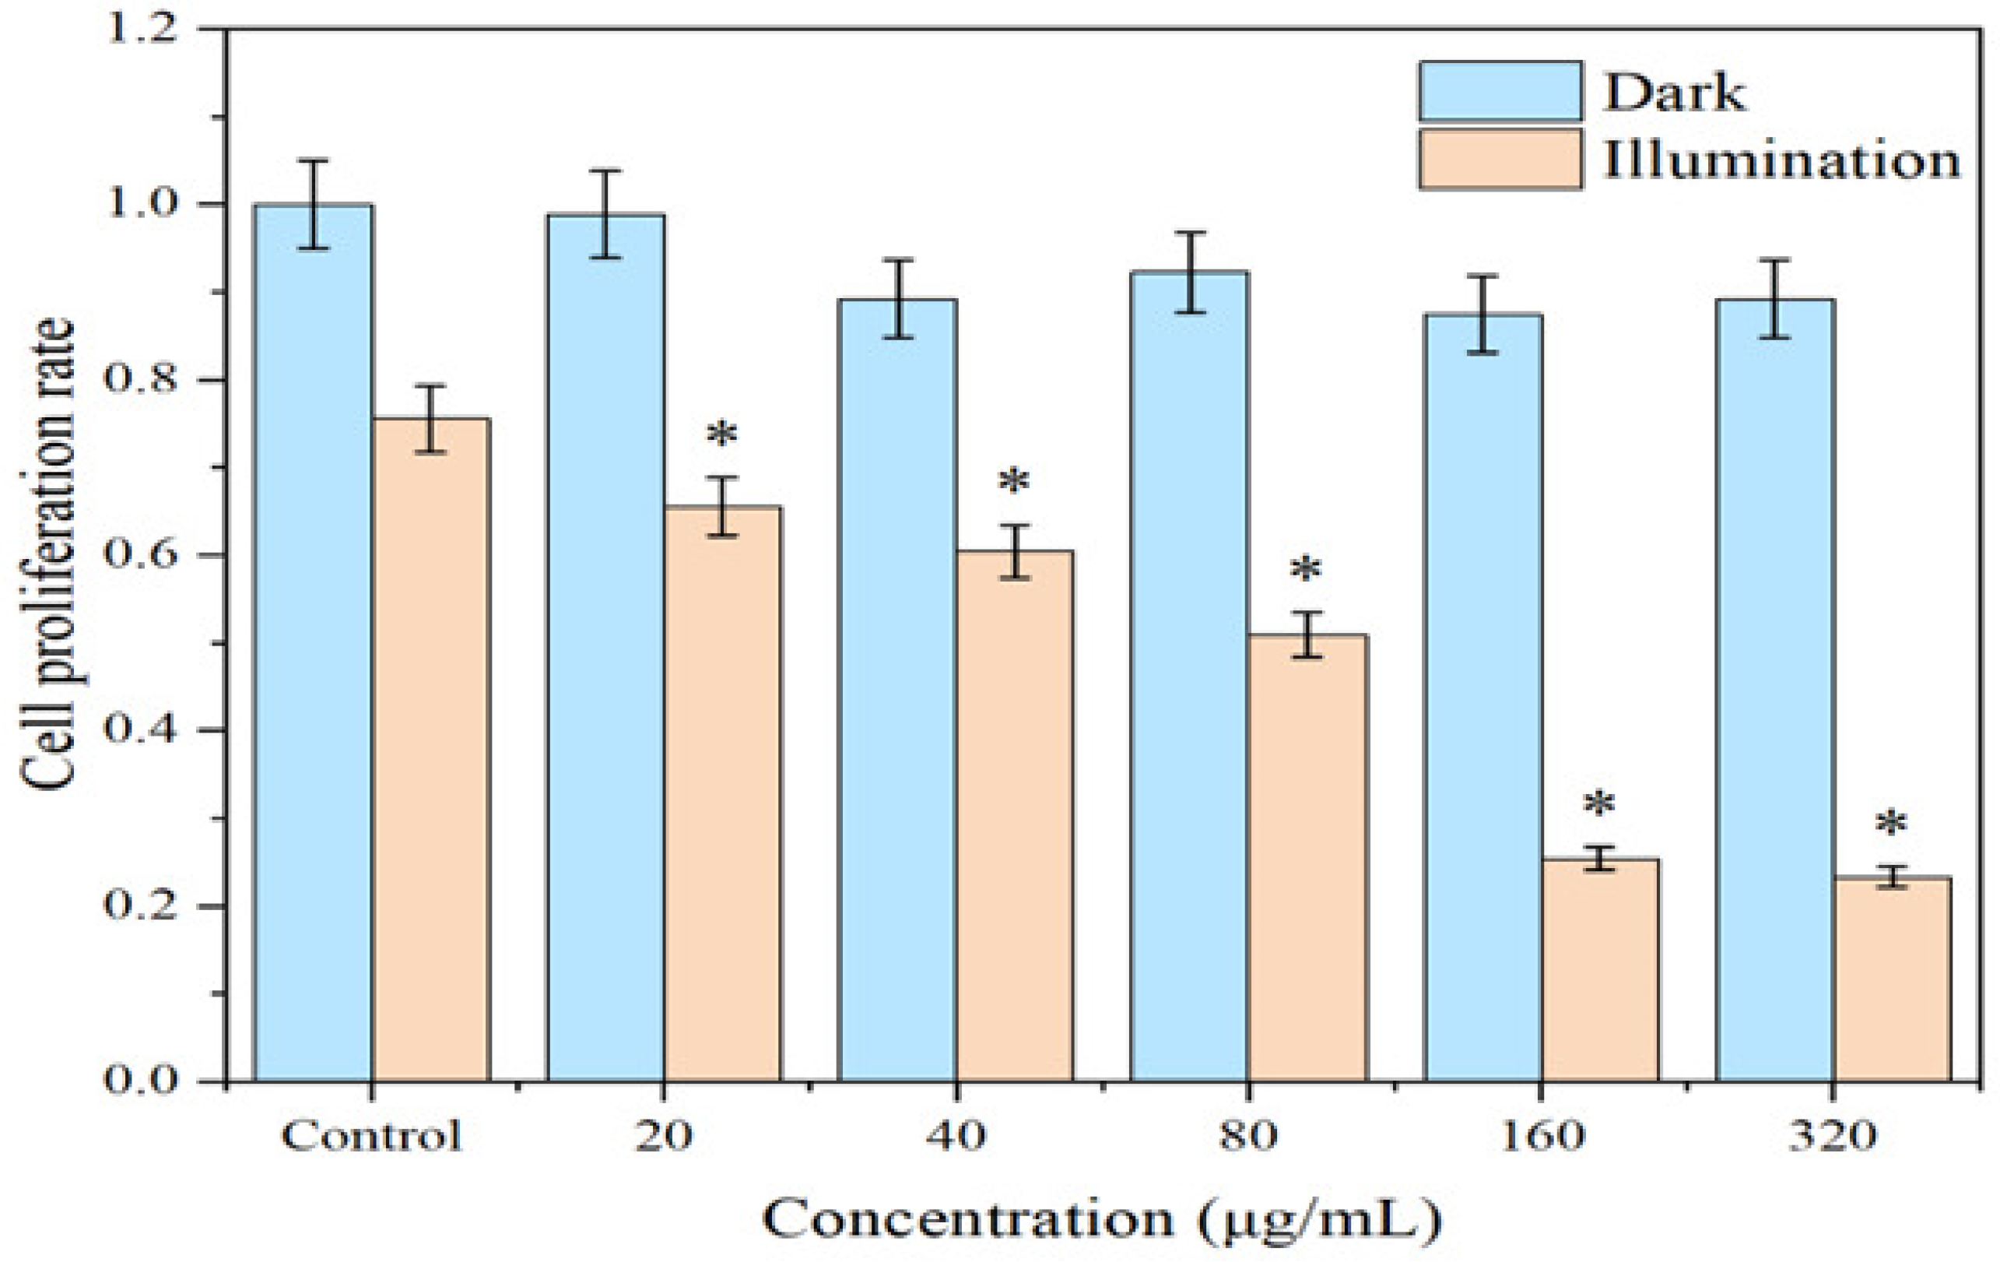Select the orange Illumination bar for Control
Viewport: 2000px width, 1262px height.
430,747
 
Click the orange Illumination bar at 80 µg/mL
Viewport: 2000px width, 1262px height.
1307,856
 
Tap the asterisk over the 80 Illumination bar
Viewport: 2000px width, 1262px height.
1306,571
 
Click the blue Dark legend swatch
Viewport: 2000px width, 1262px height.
1499,91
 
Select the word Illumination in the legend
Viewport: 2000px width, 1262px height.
1781,160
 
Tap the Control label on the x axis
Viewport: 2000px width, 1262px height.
370,1136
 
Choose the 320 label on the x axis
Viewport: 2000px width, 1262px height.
1832,1136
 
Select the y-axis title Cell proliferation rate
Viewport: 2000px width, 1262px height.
48,555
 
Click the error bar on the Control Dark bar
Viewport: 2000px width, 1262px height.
313,205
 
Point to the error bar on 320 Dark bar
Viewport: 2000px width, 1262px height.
1775,299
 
